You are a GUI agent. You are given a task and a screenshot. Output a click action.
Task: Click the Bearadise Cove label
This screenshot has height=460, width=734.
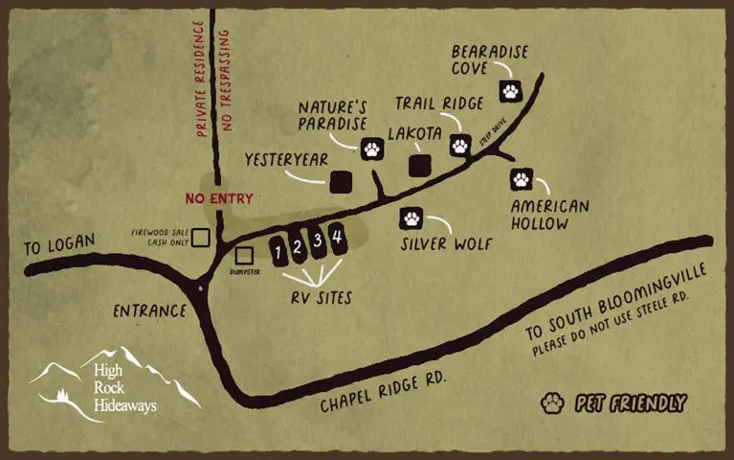pos(489,60)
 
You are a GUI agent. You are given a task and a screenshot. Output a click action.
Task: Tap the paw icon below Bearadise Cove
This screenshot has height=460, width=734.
pos(511,92)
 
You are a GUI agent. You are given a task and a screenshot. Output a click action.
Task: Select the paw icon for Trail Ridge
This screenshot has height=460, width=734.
pos(460,145)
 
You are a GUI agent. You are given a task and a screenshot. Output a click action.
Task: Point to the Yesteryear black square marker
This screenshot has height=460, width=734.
pos(341,181)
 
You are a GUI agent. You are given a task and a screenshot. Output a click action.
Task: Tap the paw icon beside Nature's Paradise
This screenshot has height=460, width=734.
pos(372,149)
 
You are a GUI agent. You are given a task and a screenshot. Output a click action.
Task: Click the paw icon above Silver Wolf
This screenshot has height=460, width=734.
pos(411,218)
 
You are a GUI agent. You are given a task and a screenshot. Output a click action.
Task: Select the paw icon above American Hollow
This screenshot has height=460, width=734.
pos(522,178)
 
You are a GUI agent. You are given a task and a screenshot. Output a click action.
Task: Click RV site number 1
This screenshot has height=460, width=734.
pos(278,253)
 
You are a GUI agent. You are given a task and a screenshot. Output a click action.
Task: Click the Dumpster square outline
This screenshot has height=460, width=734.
pos(244,256)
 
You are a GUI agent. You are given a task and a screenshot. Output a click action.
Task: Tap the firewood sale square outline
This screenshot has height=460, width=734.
pos(201,237)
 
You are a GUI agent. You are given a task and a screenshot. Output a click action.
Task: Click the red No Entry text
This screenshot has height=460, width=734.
pos(219,199)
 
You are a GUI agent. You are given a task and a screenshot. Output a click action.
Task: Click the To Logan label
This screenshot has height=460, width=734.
pos(59,245)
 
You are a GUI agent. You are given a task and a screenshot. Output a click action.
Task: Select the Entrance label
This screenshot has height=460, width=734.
pos(148,311)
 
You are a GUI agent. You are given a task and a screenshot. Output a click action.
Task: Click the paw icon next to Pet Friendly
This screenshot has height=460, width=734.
pos(551,402)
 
